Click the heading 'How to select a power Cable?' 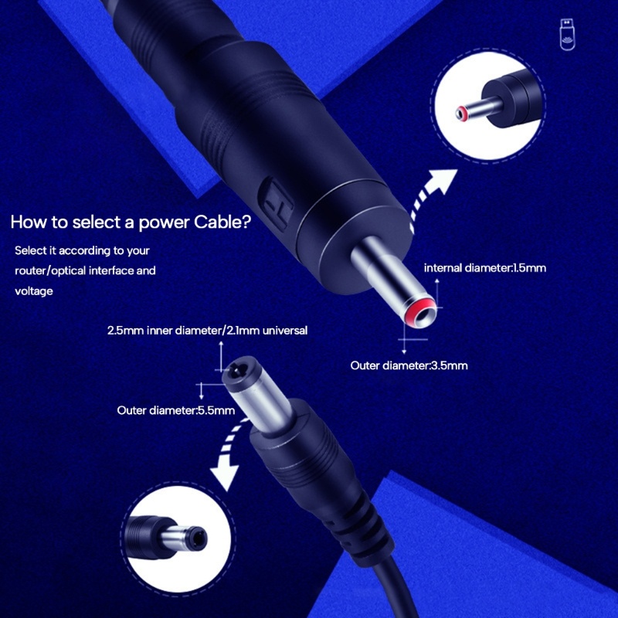[x=131, y=222]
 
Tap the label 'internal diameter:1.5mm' [x=485, y=268]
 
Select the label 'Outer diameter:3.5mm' [x=409, y=365]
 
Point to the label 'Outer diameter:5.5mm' [x=176, y=411]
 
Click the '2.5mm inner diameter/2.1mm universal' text [x=207, y=331]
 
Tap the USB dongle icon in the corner [x=568, y=35]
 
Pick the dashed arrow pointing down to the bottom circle [x=229, y=453]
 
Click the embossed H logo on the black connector [x=276, y=204]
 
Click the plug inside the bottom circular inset [x=165, y=537]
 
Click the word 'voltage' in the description [x=34, y=291]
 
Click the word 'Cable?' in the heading [x=222, y=222]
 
